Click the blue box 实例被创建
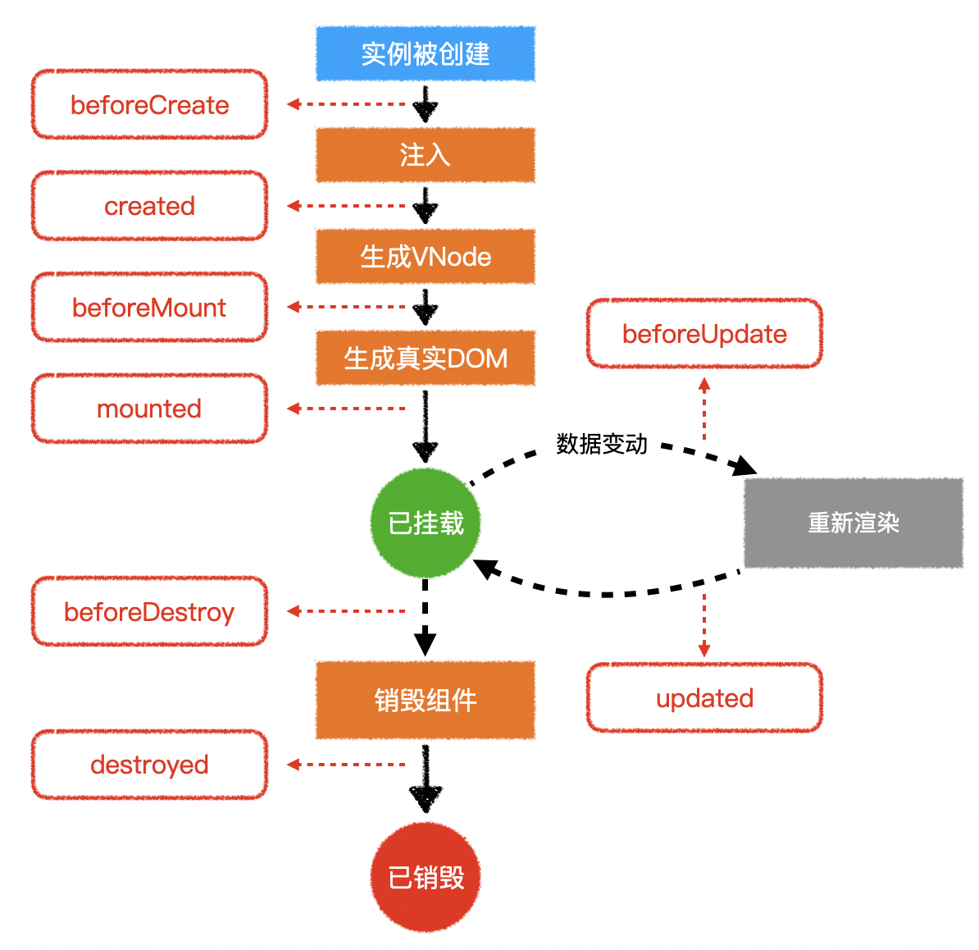tap(426, 53)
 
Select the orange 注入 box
tap(426, 155)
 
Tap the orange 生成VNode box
tap(426, 257)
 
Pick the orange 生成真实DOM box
tap(426, 359)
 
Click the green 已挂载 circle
tap(425, 523)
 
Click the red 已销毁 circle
tap(425, 878)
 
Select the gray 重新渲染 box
tap(854, 523)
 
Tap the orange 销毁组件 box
tap(426, 700)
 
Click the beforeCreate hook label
tap(149, 105)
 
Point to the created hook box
tap(149, 206)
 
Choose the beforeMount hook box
tap(149, 308)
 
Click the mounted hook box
tap(149, 409)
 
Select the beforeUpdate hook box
tap(704, 334)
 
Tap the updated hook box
tap(704, 698)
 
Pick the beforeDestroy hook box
tap(149, 612)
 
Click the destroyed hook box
tap(149, 765)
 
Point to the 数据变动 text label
tap(602, 444)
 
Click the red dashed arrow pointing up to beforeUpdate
tap(704, 410)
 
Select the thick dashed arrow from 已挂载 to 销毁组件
tap(425, 615)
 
